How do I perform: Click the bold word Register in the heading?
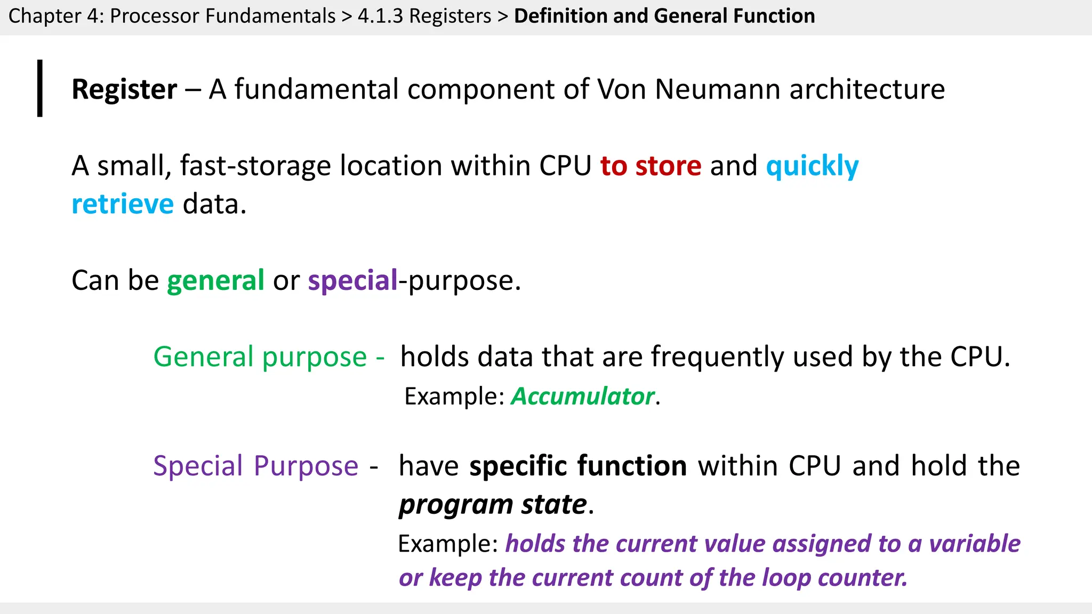pos(124,89)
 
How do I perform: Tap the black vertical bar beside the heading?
pos(40,88)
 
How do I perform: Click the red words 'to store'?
pos(651,166)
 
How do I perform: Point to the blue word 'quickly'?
pos(812,166)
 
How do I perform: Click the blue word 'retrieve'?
pos(123,204)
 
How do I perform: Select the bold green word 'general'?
pos(215,280)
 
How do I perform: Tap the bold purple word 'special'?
pos(352,280)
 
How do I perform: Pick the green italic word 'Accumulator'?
pos(583,397)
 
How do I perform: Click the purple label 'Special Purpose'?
pos(255,466)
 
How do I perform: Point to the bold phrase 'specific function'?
pos(578,466)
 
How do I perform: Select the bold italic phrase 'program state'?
pos(493,504)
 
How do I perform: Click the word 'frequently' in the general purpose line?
pos(718,357)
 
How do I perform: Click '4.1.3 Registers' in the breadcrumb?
pos(424,16)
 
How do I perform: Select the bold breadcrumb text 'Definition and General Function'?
pos(664,16)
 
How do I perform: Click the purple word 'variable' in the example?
pos(975,544)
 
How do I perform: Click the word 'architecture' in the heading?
pos(867,89)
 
